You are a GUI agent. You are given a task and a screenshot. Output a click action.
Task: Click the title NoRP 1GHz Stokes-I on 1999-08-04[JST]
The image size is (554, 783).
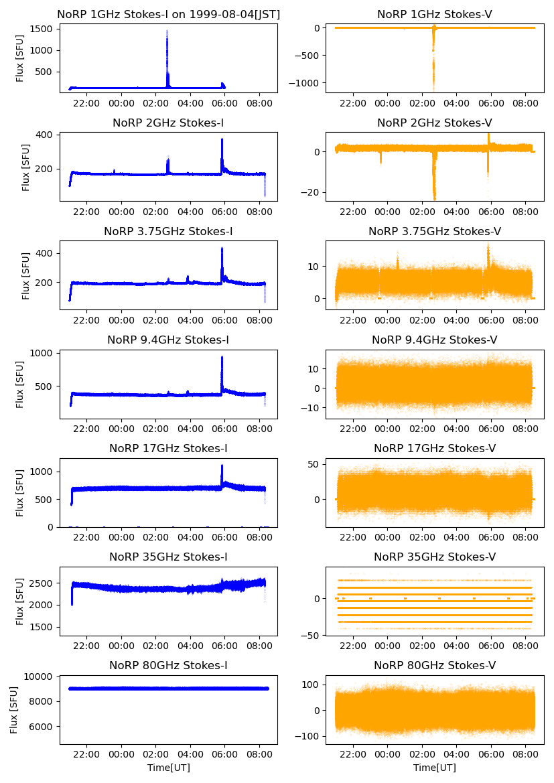click(x=168, y=14)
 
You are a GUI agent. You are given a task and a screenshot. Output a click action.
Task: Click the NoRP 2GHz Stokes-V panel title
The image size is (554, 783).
click(x=434, y=123)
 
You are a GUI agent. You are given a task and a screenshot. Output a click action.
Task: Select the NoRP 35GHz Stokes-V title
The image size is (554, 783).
click(x=434, y=557)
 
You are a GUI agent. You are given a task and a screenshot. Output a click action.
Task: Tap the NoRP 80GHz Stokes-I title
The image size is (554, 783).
click(x=168, y=665)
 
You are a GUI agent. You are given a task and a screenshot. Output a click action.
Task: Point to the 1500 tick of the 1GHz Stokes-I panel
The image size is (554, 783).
click(x=42, y=29)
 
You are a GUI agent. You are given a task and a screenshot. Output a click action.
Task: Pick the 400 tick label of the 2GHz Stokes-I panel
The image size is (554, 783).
click(x=45, y=135)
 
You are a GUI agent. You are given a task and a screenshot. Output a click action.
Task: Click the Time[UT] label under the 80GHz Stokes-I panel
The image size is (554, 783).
click(x=169, y=768)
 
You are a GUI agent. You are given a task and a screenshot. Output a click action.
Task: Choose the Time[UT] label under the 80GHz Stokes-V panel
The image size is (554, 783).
click(x=435, y=768)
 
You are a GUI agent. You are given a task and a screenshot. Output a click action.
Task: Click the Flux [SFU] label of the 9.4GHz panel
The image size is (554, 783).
click(x=21, y=384)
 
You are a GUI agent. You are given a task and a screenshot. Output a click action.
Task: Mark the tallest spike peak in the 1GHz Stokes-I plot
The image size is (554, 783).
click(x=167, y=31)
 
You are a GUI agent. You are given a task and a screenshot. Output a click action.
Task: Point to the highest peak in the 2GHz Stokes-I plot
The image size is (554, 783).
click(x=222, y=139)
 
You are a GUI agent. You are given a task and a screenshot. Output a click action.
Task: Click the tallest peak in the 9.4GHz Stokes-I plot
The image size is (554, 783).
click(x=222, y=357)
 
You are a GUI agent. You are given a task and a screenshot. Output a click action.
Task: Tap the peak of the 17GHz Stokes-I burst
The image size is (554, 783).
click(x=222, y=466)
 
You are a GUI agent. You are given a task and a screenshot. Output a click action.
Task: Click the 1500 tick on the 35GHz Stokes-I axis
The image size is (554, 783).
click(x=42, y=627)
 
